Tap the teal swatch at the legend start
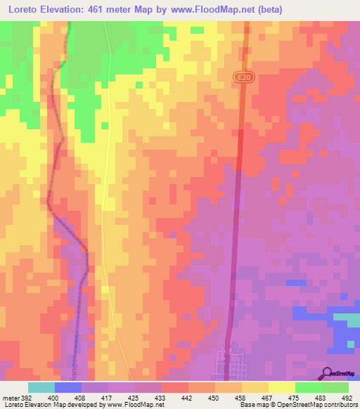41,387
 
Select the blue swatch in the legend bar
67,387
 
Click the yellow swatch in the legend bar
281,387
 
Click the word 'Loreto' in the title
21,10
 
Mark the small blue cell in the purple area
296,283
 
